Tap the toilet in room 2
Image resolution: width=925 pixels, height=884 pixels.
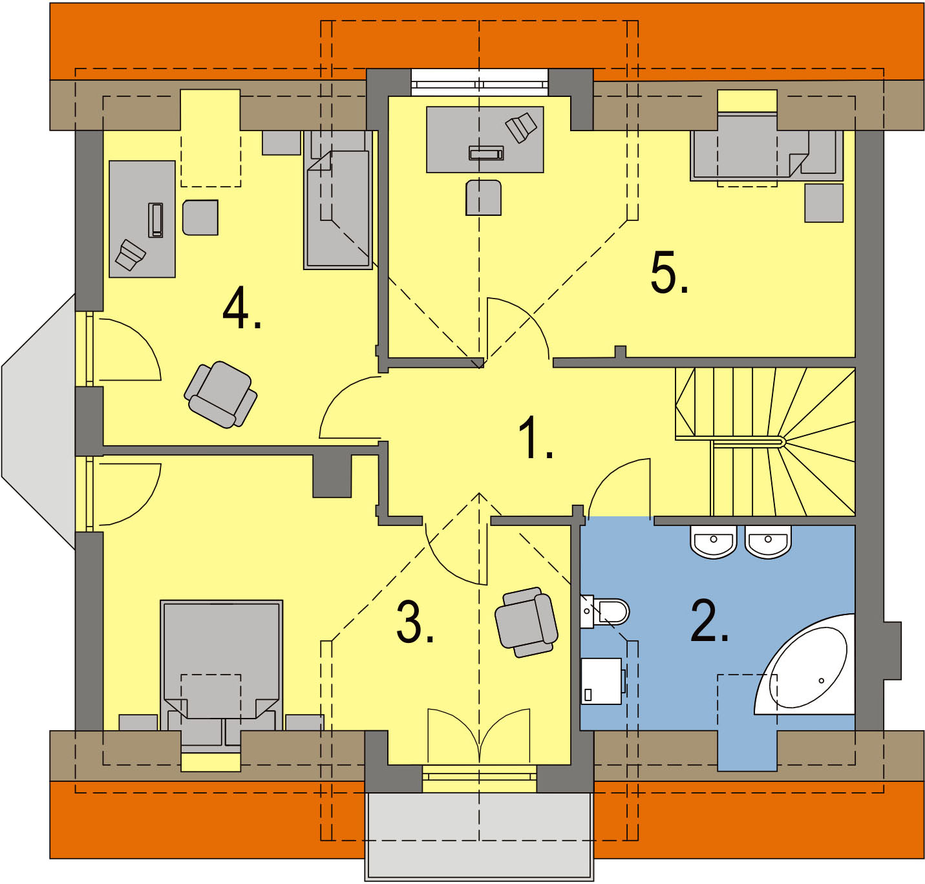pos(610,611)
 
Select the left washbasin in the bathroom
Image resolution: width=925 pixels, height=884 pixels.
pos(714,541)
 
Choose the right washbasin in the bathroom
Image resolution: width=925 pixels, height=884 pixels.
pos(768,541)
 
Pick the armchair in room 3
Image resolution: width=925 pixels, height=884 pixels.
pos(526,621)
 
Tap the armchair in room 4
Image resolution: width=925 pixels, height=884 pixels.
pos(221,394)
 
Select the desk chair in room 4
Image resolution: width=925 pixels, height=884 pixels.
pos(200,217)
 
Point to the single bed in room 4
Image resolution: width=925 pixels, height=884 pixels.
pos(338,200)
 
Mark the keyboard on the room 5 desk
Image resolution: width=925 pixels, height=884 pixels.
pos(485,153)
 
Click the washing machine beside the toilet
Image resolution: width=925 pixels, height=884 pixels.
pos(602,681)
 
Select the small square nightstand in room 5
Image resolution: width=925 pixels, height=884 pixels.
pos(824,203)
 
